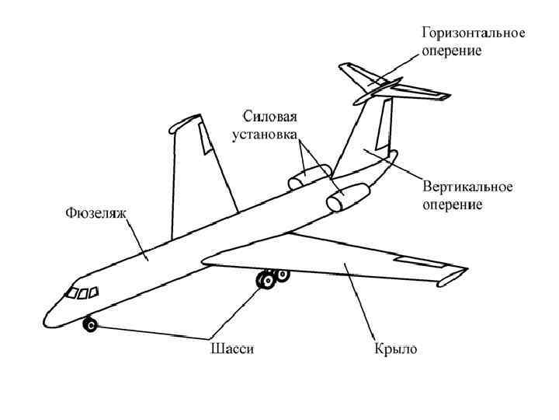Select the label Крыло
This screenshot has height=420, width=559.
coord(391,349)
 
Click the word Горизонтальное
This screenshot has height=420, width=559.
coord(474,34)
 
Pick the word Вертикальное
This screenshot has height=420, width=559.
coord(467,189)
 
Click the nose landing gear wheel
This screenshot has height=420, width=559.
coord(90,324)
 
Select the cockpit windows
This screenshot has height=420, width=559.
coord(81,292)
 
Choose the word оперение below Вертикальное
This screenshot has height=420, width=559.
coord(453,205)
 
